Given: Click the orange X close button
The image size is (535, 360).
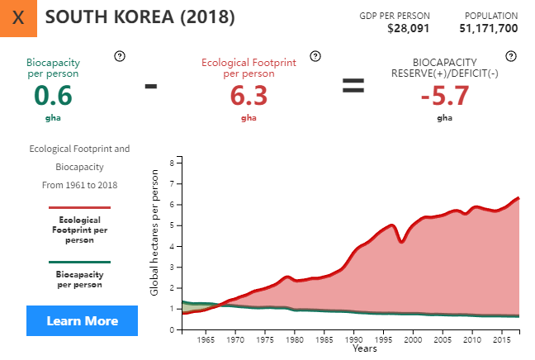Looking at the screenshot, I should click(x=19, y=18).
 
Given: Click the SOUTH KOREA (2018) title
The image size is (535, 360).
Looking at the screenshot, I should click(x=140, y=17).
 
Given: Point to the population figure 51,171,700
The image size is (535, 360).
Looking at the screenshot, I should click(x=489, y=28).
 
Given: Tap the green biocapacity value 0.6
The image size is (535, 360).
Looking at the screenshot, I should click(x=53, y=96).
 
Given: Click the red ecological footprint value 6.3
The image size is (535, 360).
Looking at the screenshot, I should click(x=249, y=96).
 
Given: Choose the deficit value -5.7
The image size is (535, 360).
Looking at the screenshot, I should click(x=444, y=96).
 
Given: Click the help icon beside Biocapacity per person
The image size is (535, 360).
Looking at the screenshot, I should click(x=120, y=56).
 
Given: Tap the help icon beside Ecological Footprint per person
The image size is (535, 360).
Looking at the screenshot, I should click(x=315, y=56).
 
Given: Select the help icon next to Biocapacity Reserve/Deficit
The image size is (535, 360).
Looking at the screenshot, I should click(x=511, y=56).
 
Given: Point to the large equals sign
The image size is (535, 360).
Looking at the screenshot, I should click(x=353, y=85).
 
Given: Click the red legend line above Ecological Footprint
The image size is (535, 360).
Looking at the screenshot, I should click(x=79, y=208).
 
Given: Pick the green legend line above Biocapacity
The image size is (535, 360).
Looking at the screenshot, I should click(x=79, y=262).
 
